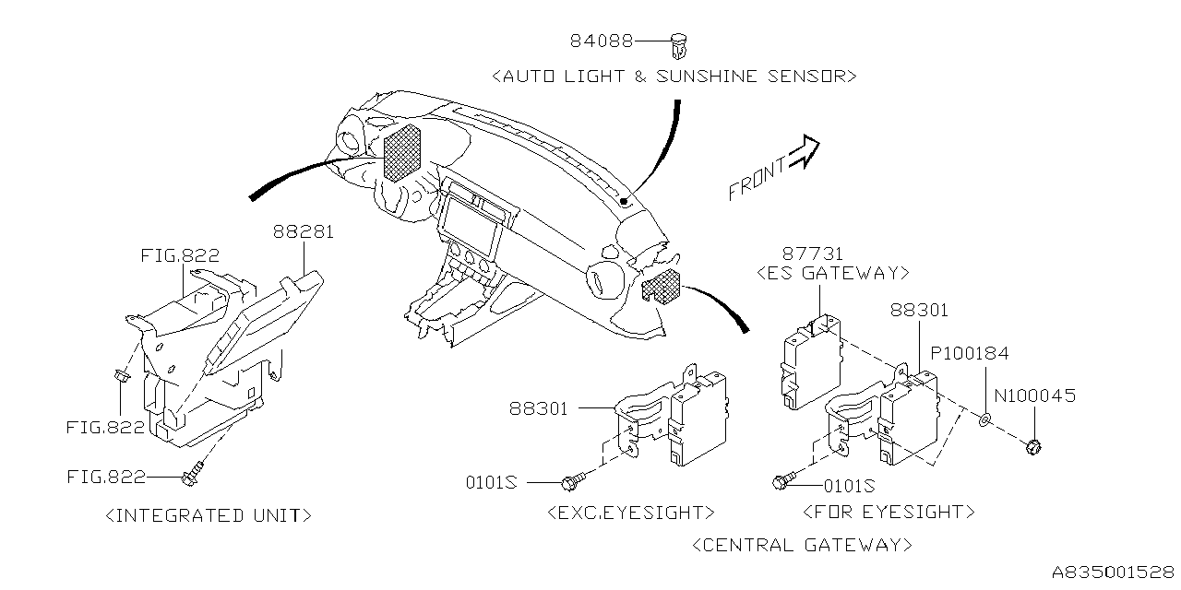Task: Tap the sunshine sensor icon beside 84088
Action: (x=683, y=42)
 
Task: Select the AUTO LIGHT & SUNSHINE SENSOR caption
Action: (x=674, y=77)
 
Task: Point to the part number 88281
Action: (x=303, y=232)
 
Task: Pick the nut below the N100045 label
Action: (x=1033, y=447)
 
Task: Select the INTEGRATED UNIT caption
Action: (x=209, y=515)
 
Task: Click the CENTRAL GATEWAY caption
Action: (x=801, y=545)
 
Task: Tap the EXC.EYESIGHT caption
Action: (x=630, y=512)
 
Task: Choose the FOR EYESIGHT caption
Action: (x=889, y=512)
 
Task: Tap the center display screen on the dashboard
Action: (x=471, y=226)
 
